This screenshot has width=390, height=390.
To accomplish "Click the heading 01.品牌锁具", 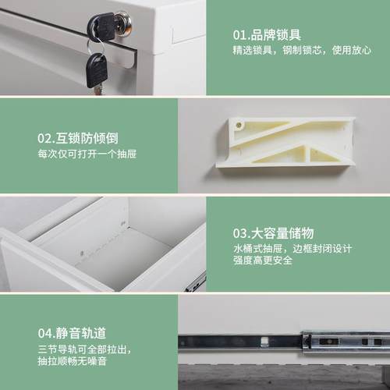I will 268,34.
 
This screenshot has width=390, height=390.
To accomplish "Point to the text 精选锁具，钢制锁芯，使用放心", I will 300,51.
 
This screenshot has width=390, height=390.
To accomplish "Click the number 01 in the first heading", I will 239,34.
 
